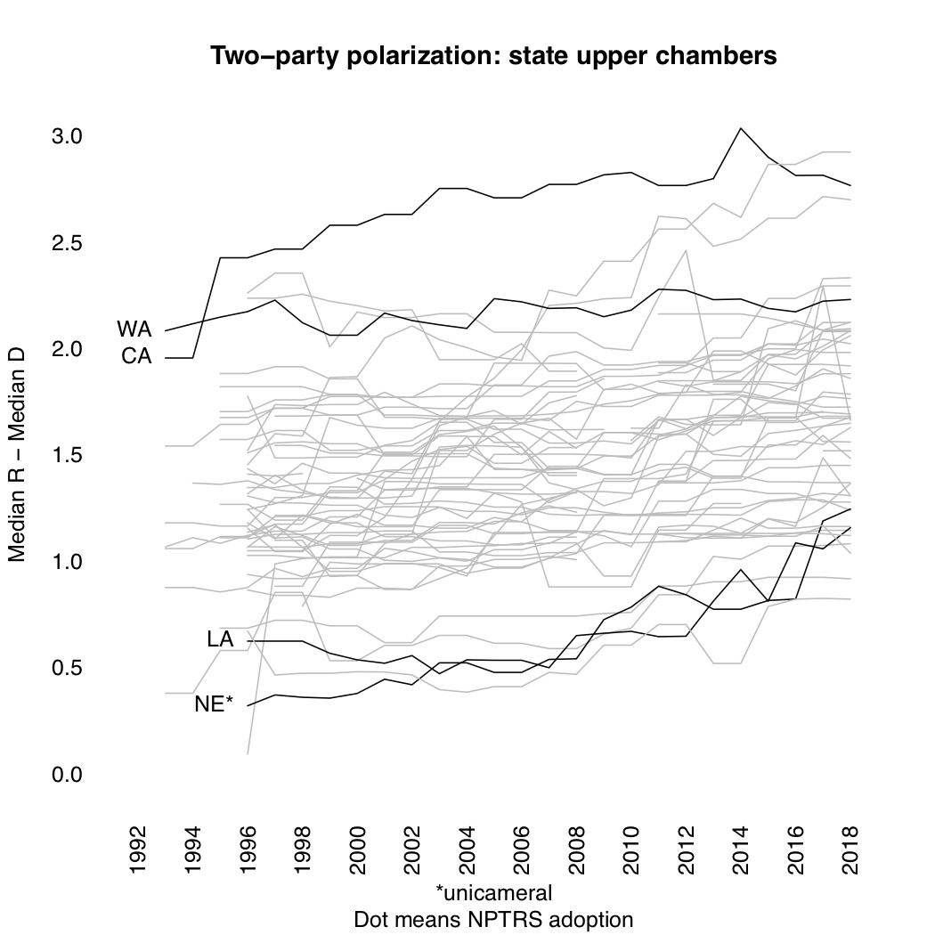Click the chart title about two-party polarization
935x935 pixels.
(493, 56)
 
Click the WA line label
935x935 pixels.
(134, 329)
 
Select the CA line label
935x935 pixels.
(136, 357)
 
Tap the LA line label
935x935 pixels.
(219, 639)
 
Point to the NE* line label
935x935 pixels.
(214, 705)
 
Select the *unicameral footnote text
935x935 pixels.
(493, 892)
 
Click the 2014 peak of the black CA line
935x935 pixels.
(740, 128)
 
